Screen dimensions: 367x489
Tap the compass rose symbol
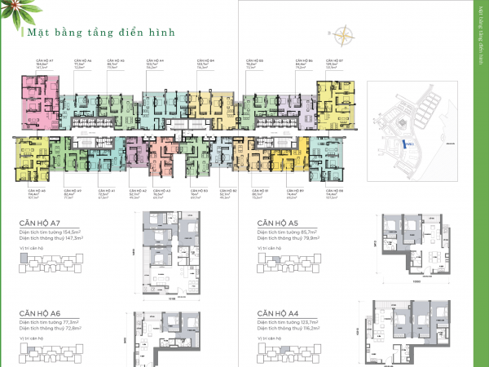pyautogui.click(x=346, y=35)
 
